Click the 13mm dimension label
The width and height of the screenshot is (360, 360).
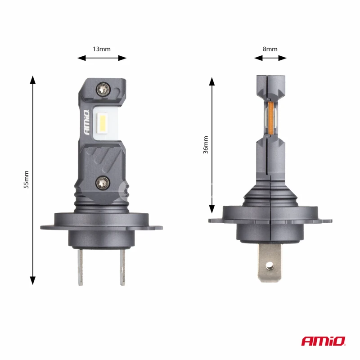click(102, 49)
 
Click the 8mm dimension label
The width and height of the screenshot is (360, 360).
click(270, 49)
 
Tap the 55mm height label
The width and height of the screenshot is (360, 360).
click(26, 180)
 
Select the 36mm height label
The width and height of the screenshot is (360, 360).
click(206, 144)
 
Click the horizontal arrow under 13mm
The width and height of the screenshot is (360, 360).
click(102, 58)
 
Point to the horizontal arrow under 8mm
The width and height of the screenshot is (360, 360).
click(270, 58)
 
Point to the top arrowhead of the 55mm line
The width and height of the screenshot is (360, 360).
click(32, 80)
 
